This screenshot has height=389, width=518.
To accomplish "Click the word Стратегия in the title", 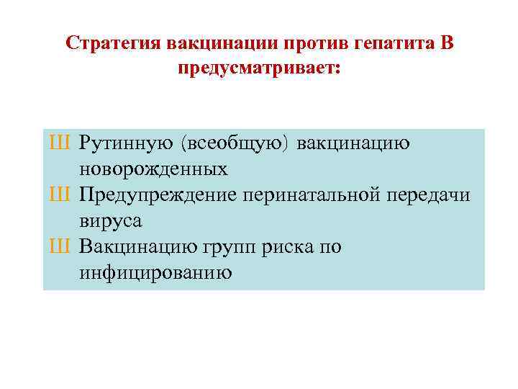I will point(113,43).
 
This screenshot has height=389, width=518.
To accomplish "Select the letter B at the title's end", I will point(447,43).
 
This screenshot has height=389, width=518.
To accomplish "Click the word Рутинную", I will point(126,143).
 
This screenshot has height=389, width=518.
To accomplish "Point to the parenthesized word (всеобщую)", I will point(235,143).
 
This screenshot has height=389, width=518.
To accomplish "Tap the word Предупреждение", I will point(159,195).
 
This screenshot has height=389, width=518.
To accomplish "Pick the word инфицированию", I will point(155,273).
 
